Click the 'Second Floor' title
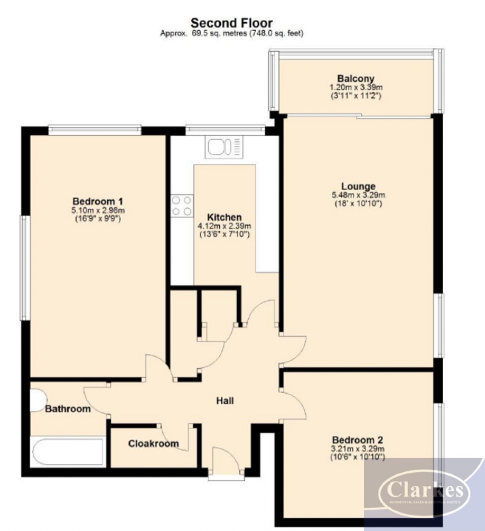pyautogui.click(x=231, y=22)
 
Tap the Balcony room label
pyautogui.click(x=356, y=79)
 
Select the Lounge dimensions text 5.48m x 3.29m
pyautogui.click(x=358, y=195)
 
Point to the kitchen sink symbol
pyautogui.click(x=223, y=146)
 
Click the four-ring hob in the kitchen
pyautogui.click(x=182, y=206)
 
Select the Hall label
pyautogui.click(x=225, y=401)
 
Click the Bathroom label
pyautogui.click(x=68, y=409)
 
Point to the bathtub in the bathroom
pyautogui.click(x=67, y=452)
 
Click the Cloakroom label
pyautogui.click(x=153, y=444)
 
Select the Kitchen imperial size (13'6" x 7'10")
pyautogui.click(x=224, y=234)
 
